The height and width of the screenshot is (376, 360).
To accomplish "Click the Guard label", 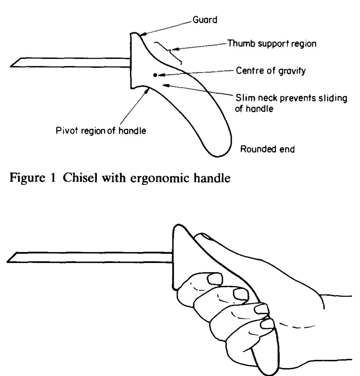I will (x=204, y=20).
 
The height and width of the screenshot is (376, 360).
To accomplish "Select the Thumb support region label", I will (x=272, y=44).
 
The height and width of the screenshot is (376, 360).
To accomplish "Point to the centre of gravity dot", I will (x=155, y=75).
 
